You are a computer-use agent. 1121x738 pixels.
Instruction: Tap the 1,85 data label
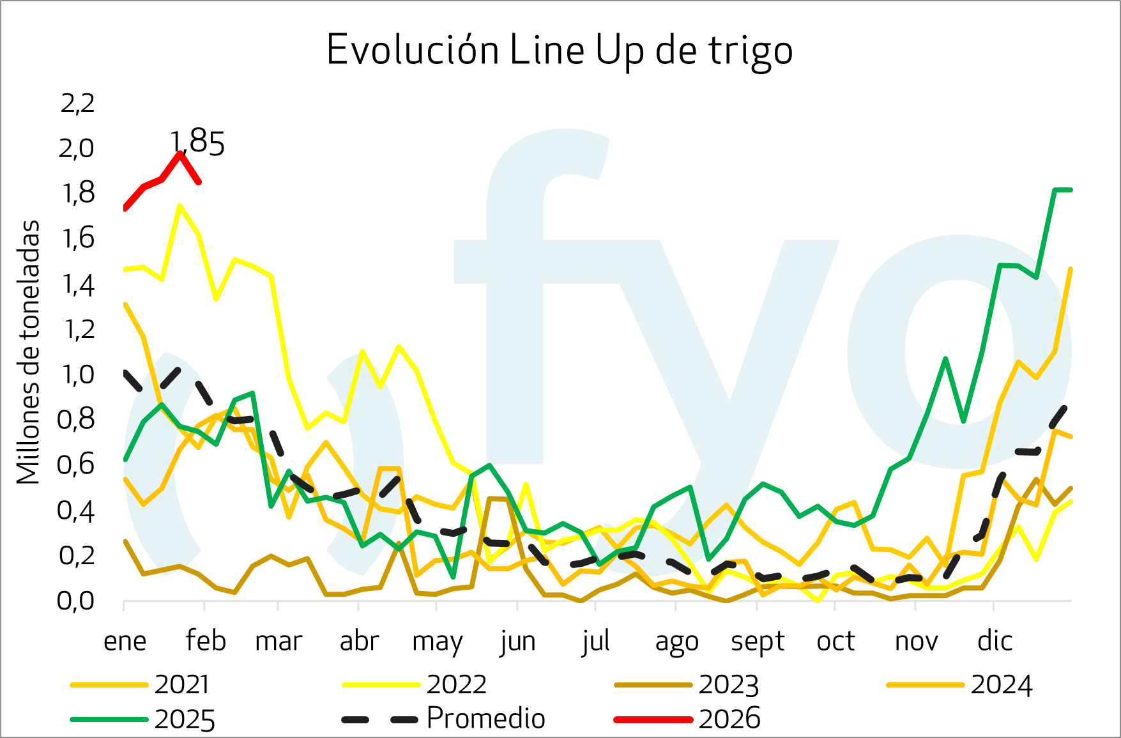point(198,143)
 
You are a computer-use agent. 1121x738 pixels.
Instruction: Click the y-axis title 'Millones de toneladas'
point(29,352)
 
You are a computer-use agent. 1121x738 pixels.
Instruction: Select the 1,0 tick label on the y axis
point(77,374)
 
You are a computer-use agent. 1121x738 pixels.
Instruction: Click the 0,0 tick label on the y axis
point(76,601)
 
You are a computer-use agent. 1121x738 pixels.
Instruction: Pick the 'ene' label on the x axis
point(125,641)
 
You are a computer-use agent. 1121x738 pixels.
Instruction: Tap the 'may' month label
point(438,641)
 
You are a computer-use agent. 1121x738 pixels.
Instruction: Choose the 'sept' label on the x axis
point(758,641)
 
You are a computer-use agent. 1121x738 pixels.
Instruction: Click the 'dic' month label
point(995,641)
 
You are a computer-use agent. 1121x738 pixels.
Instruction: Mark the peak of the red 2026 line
point(180,153)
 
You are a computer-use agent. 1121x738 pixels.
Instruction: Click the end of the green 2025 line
point(1071,190)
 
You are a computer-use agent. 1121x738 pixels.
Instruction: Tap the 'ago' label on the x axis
point(676,641)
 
